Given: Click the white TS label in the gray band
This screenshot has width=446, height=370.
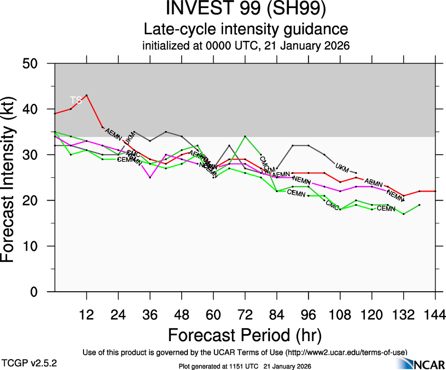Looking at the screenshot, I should tap(76, 100).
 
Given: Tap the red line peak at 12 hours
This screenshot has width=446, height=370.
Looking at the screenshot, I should tap(86, 95).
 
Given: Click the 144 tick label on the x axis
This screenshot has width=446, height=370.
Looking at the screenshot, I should tap(435, 314).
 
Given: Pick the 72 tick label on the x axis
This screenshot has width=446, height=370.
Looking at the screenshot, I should tap(245, 314).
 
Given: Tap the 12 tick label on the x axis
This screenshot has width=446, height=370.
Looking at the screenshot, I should tap(86, 314).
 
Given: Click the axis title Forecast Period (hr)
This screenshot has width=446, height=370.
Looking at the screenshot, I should tap(245, 335).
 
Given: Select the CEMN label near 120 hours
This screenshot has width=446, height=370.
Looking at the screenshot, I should tap(386, 209).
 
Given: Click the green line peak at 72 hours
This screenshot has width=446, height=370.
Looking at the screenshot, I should tap(245, 137).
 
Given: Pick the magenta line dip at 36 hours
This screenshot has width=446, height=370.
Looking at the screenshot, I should tap(150, 177).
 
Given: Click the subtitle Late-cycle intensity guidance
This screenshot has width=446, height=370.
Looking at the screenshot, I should tap(246, 29).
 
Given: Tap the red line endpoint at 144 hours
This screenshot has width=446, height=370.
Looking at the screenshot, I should tap(435, 191).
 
